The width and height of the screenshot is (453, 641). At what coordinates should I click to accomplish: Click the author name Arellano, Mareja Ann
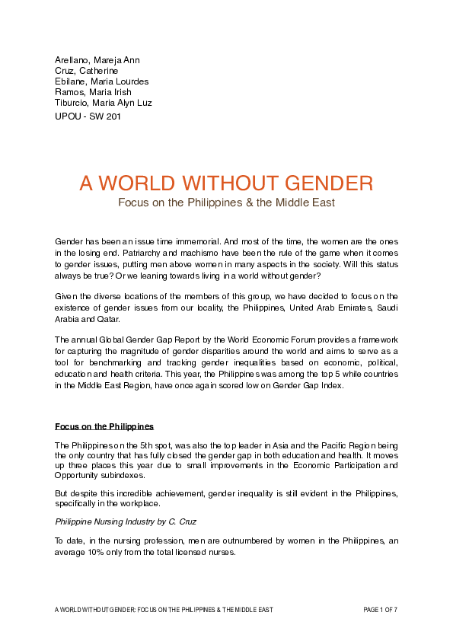click(x=97, y=60)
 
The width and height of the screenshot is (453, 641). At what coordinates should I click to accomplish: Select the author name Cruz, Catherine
click(x=86, y=71)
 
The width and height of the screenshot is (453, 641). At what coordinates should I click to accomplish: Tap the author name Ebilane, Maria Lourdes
click(x=101, y=81)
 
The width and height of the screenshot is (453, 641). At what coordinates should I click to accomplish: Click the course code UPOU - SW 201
click(x=88, y=116)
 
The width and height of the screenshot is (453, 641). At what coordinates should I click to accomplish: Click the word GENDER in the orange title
click(x=317, y=183)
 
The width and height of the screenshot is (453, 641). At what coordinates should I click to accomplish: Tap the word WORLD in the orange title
click(x=139, y=183)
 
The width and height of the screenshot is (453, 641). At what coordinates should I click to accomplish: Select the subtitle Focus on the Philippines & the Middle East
click(x=226, y=203)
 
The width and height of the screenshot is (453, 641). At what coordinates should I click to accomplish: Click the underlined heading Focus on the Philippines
click(x=104, y=425)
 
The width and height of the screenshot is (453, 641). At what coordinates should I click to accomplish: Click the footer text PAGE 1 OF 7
click(x=380, y=610)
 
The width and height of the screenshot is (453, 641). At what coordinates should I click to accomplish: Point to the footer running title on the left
click(x=164, y=610)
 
